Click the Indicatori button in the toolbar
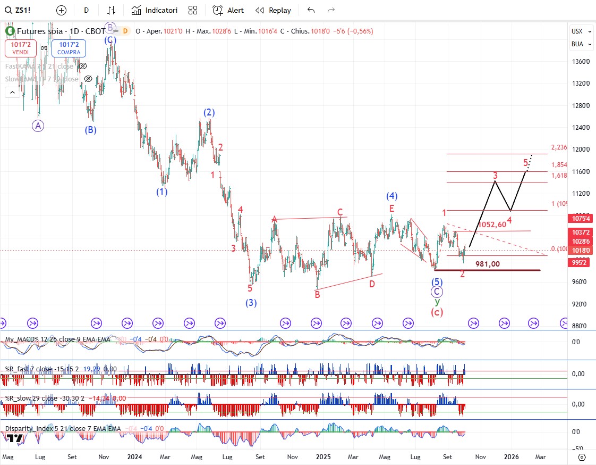coord(155,10)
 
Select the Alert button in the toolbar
coord(228,10)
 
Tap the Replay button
coord(273,10)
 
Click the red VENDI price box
coord(21,48)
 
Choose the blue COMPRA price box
coord(69,48)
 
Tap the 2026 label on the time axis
coord(512,456)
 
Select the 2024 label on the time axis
coord(134,456)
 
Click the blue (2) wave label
coord(209,113)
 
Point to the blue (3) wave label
coord(251,303)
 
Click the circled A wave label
coord(38,126)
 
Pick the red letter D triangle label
coord(372,284)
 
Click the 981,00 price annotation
coord(487,264)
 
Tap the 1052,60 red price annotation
coord(492,225)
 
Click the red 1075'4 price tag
coord(581,218)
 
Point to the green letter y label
coord(437,302)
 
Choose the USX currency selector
coord(577,31)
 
